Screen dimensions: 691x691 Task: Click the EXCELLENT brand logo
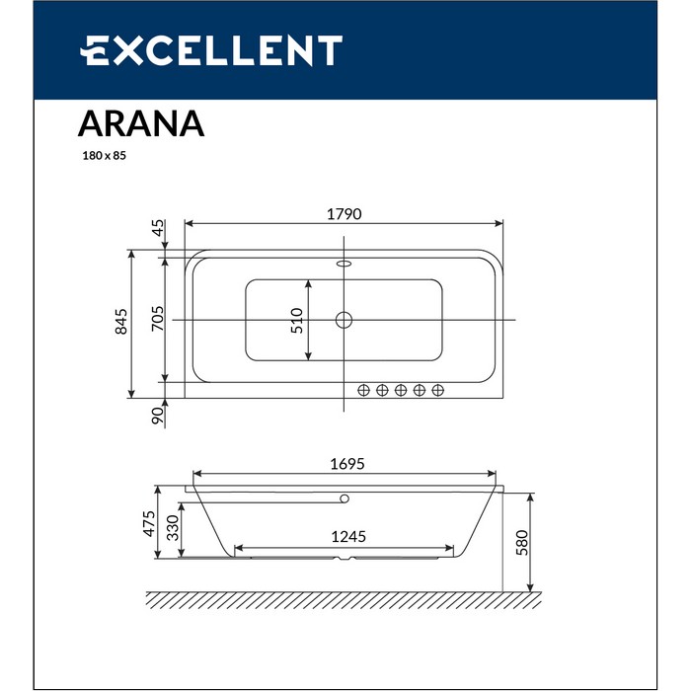coord(211,50)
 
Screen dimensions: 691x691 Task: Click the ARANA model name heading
coord(140,124)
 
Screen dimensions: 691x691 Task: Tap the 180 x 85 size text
coord(103,155)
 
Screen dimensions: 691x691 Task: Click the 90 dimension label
coord(157,416)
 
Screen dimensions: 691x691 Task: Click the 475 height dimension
coord(147,523)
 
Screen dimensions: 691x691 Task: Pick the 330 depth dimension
coord(172,527)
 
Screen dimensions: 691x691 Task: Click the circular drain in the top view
coord(345,320)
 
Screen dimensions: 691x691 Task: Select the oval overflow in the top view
coord(345,264)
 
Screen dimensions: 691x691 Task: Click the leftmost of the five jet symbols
coord(363,390)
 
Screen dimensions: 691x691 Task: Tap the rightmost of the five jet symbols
coord(438,390)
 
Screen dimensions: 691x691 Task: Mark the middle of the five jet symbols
coord(401,390)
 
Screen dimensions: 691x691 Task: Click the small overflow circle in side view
coord(345,498)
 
